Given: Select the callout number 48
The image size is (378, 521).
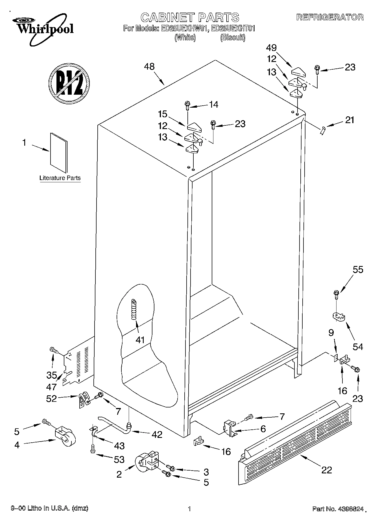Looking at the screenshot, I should click(x=149, y=66).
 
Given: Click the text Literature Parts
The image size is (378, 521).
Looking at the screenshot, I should click(x=60, y=178).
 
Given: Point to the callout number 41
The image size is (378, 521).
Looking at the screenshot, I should click(x=140, y=340).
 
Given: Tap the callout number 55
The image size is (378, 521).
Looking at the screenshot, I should click(x=358, y=270).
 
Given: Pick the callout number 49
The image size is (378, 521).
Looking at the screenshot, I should click(x=271, y=48).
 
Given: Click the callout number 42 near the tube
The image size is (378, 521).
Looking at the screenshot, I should click(x=157, y=434).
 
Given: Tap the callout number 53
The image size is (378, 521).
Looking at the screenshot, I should click(x=119, y=460).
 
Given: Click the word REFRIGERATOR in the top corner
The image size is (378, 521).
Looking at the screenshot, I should click(x=330, y=17).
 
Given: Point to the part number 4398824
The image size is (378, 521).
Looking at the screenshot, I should click(x=350, y=509).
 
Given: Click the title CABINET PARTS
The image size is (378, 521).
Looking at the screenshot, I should click(x=190, y=17).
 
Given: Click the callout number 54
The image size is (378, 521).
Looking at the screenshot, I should click(x=358, y=347).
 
